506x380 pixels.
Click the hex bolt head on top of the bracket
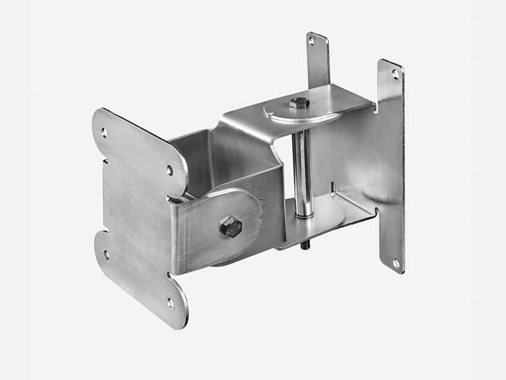point(299,103)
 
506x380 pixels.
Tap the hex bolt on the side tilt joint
point(231,227)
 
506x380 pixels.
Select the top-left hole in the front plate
point(104,132)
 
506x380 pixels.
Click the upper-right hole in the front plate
point(170,170)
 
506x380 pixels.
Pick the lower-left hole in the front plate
point(106,255)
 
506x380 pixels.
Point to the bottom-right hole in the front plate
point(170,303)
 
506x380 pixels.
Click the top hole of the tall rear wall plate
point(395,74)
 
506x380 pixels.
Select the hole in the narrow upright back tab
point(311,41)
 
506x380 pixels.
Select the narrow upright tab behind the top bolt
point(318,60)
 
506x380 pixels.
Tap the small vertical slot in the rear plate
point(333,188)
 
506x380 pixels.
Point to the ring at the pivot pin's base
point(303,215)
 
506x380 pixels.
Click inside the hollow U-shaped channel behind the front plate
point(209,158)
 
